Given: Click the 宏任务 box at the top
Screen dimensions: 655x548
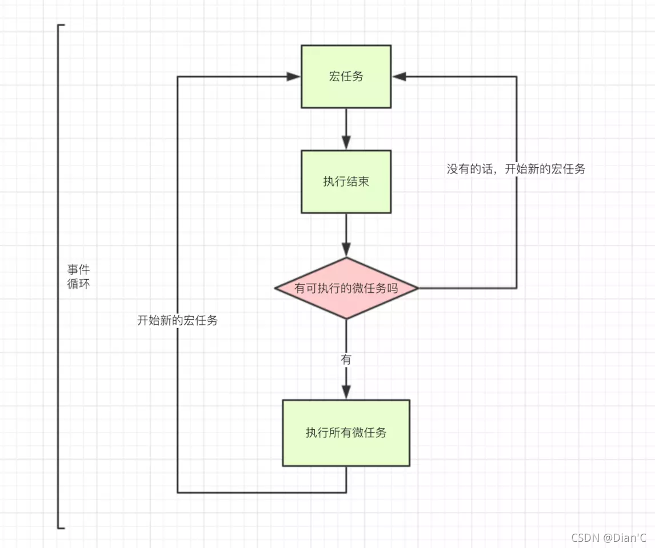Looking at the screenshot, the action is (x=346, y=76).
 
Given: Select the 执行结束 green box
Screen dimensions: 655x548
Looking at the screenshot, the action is (x=346, y=182).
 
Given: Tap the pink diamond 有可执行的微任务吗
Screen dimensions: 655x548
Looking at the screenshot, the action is (x=346, y=288).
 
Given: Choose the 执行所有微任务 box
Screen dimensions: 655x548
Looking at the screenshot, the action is (x=346, y=433).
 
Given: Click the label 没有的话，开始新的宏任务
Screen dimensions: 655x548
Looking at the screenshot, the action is (x=516, y=169).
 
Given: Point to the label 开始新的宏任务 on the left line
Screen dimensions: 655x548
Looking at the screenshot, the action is (x=178, y=320).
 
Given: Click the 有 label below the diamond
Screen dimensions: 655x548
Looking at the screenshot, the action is (x=346, y=360).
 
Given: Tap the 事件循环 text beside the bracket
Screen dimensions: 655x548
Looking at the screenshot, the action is (x=78, y=276).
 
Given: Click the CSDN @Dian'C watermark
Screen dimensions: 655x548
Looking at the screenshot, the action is (x=608, y=538).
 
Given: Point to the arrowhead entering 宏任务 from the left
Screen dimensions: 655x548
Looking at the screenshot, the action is (x=293, y=76).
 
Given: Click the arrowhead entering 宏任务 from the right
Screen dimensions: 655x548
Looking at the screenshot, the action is (x=399, y=76).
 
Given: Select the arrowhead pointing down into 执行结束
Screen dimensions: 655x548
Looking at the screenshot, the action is (x=346, y=143).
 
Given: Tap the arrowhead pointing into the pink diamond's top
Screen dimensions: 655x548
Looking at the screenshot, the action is (x=346, y=249).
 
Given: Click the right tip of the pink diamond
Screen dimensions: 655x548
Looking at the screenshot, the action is (x=418, y=288).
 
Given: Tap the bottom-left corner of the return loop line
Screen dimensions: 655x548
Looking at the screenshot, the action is (x=178, y=493).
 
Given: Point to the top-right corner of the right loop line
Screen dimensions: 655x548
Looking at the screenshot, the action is (x=517, y=76).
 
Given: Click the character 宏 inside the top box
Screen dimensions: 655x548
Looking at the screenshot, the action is (x=334, y=76).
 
